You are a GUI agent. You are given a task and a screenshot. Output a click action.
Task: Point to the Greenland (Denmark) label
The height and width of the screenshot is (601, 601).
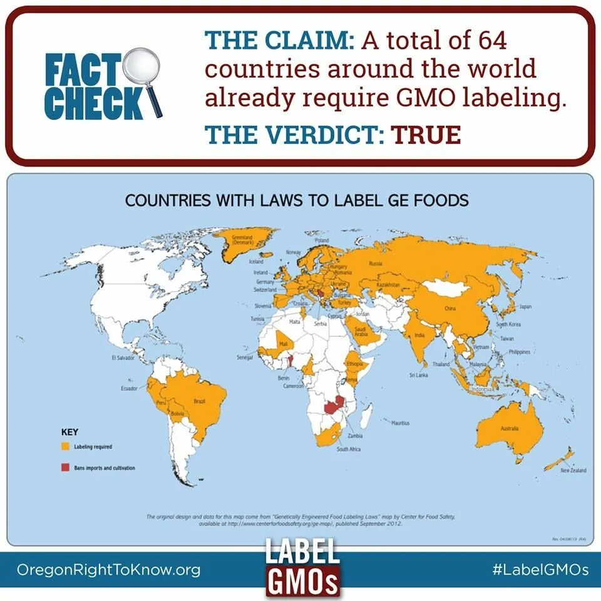click(x=242, y=240)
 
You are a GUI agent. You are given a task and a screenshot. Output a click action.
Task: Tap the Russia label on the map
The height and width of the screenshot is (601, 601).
click(x=376, y=264)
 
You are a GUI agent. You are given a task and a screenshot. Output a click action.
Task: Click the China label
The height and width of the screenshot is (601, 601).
click(x=449, y=309)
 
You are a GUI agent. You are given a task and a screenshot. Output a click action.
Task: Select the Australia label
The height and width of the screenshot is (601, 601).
click(x=509, y=429)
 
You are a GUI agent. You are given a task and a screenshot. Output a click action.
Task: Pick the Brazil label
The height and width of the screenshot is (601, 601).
click(x=200, y=401)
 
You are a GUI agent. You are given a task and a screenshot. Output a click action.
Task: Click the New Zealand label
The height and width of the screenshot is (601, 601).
click(x=573, y=470)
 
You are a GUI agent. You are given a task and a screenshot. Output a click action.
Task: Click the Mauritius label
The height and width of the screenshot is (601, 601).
click(x=400, y=423)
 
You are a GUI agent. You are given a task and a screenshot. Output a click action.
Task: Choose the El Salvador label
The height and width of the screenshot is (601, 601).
click(x=122, y=357)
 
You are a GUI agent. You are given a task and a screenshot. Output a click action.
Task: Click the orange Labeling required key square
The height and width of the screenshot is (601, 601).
click(x=64, y=447)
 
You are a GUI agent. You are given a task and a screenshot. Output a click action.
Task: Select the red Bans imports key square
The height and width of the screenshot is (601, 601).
click(x=64, y=468)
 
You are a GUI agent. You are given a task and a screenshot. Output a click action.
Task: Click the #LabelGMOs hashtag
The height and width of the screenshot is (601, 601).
click(x=540, y=570)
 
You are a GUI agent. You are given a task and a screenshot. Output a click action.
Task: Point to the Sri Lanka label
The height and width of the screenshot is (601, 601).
click(x=418, y=374)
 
